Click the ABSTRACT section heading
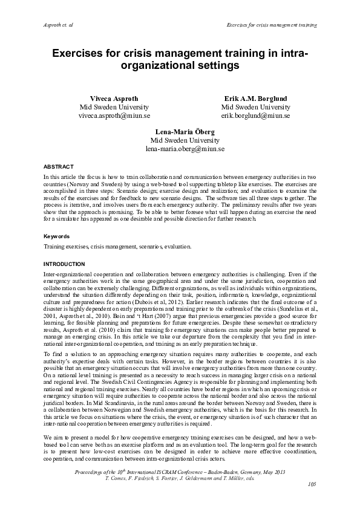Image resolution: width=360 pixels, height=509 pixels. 59,166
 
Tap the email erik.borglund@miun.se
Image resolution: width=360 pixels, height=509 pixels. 255,115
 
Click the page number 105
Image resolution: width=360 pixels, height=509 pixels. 312,484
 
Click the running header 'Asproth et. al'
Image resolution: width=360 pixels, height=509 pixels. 59,25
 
